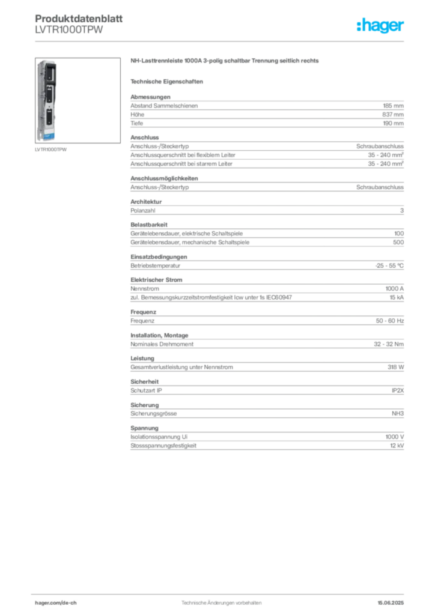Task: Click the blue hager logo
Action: coord(381,26)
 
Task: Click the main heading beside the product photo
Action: coord(226,61)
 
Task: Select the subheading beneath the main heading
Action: coord(168,81)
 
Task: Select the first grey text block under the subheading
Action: coord(266,111)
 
